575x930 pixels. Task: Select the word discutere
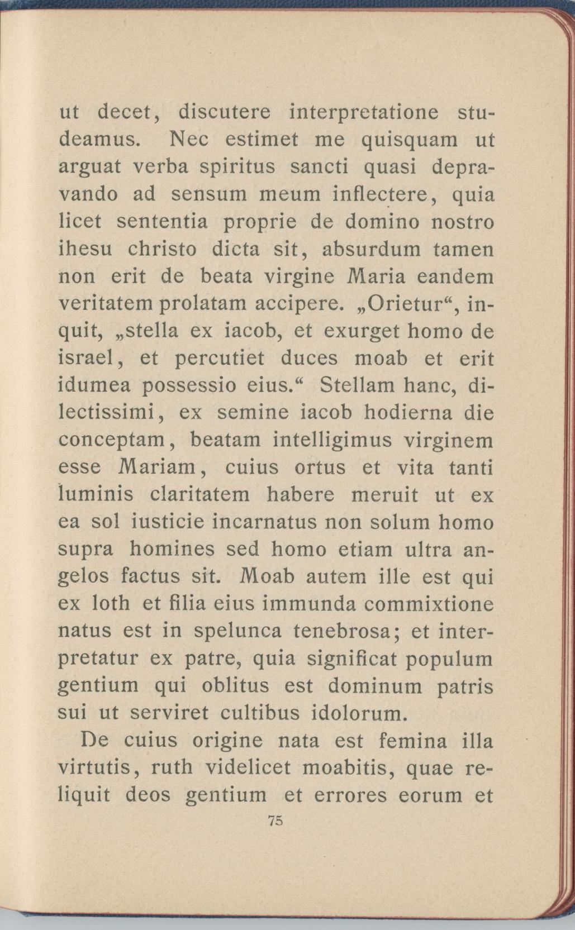tap(225, 113)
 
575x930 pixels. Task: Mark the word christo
tap(162, 249)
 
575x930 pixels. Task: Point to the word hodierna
tap(407, 413)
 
